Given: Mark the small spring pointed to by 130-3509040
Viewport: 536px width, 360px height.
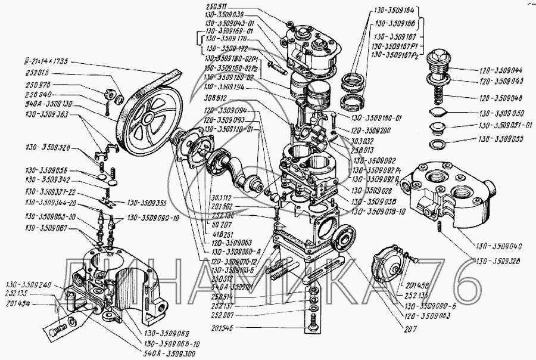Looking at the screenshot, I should pyautogui.click(x=437, y=226).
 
